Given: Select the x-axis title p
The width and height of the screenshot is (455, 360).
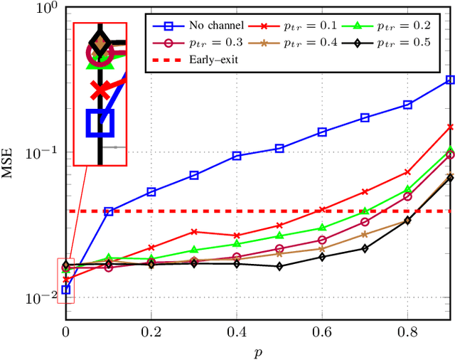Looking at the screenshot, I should [x=258, y=351].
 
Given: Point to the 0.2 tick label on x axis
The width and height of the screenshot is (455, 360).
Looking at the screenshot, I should [x=151, y=331].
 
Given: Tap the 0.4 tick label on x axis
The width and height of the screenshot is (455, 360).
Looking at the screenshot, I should [x=237, y=331].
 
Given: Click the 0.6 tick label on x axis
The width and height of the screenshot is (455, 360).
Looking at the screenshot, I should [x=322, y=331].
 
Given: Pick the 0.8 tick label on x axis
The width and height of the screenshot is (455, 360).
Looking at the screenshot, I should [x=407, y=331].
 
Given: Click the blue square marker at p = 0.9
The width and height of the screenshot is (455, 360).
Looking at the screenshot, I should [x=450, y=80].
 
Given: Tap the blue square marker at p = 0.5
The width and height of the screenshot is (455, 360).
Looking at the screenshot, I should [x=279, y=148].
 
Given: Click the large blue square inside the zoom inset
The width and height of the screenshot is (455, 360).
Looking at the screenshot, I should [x=100, y=122].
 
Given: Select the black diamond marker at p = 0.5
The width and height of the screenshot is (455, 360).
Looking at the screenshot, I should [x=279, y=267].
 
